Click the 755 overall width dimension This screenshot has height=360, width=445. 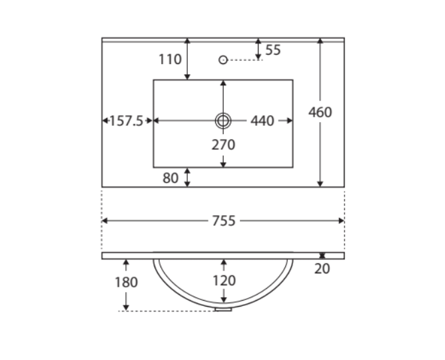(224, 221)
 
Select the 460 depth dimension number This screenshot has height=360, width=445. (320, 112)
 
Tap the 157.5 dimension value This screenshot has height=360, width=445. (126, 121)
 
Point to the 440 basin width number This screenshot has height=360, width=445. (262, 121)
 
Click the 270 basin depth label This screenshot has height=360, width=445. (223, 145)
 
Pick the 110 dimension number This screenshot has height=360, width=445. (170, 59)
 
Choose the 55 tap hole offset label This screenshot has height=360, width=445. (273, 50)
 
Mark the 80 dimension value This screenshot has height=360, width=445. (171, 178)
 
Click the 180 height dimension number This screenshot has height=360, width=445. (126, 282)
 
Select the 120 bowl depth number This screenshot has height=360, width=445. (224, 281)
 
